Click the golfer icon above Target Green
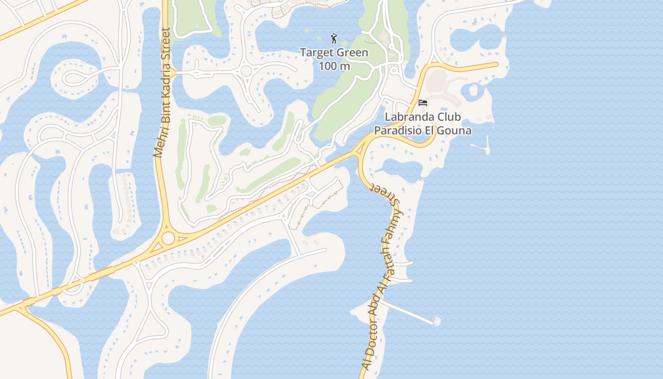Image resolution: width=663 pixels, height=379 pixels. click(334, 38)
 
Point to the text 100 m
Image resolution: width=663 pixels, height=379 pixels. click(334, 66)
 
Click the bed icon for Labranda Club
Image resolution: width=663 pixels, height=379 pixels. click(423, 102)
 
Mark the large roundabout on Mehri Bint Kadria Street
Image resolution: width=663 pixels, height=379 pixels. click(168, 238)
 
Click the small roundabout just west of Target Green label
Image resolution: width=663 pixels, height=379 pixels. click(246, 71)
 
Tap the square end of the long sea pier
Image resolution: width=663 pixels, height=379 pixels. click(436, 322)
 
